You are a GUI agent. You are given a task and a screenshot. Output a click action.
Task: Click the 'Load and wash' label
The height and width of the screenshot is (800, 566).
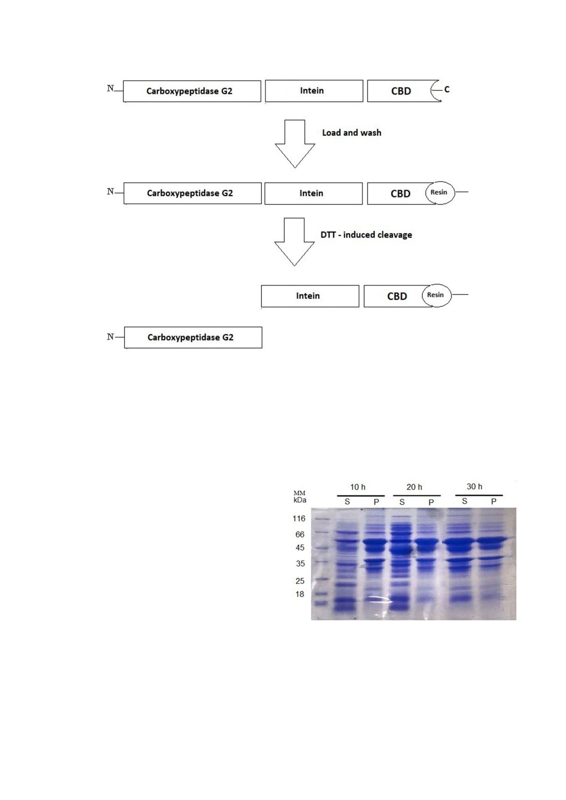coord(351,133)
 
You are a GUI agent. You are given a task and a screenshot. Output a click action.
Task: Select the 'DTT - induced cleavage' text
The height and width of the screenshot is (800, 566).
coord(366,235)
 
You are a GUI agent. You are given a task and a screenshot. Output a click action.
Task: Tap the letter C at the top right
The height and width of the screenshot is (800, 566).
coord(447,89)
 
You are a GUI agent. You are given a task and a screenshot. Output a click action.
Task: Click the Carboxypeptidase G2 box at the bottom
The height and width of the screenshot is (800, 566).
coord(193,338)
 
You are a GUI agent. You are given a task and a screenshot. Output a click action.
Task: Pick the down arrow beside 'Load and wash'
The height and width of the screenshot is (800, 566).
coord(295,144)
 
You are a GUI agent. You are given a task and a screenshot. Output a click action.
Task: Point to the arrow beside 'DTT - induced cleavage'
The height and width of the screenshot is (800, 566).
coord(294,242)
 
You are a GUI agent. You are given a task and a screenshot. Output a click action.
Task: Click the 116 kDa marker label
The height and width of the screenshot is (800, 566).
coord(299,519)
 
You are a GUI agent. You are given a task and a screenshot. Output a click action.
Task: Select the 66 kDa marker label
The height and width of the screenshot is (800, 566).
coord(300,535)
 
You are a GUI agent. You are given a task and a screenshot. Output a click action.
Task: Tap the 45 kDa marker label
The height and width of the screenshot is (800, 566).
coord(300,548)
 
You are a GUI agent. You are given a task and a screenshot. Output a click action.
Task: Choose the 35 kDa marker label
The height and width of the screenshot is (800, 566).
coord(300,564)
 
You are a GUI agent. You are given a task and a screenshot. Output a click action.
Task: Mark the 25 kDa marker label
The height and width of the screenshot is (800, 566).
coord(300,581)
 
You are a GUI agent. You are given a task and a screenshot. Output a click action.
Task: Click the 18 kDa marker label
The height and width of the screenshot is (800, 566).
coord(299,594)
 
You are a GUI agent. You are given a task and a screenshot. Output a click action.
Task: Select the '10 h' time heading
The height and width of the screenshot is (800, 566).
coord(358,487)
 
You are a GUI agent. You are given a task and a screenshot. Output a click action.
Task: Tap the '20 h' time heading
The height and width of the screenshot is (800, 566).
coord(414,487)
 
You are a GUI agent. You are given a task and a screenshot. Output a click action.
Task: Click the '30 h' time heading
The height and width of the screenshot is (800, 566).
coord(474,487)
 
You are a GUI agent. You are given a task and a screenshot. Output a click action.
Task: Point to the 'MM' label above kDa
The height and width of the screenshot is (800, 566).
coord(299,493)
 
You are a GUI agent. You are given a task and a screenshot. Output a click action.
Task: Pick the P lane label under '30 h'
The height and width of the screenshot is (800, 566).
coord(493,501)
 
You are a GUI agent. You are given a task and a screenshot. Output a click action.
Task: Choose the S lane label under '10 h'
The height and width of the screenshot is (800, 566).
coord(347,502)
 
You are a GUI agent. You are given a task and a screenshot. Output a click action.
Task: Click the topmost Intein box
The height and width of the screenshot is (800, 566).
coord(314,91)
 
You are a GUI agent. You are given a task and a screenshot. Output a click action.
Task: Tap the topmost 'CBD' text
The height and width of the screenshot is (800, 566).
coord(401,91)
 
